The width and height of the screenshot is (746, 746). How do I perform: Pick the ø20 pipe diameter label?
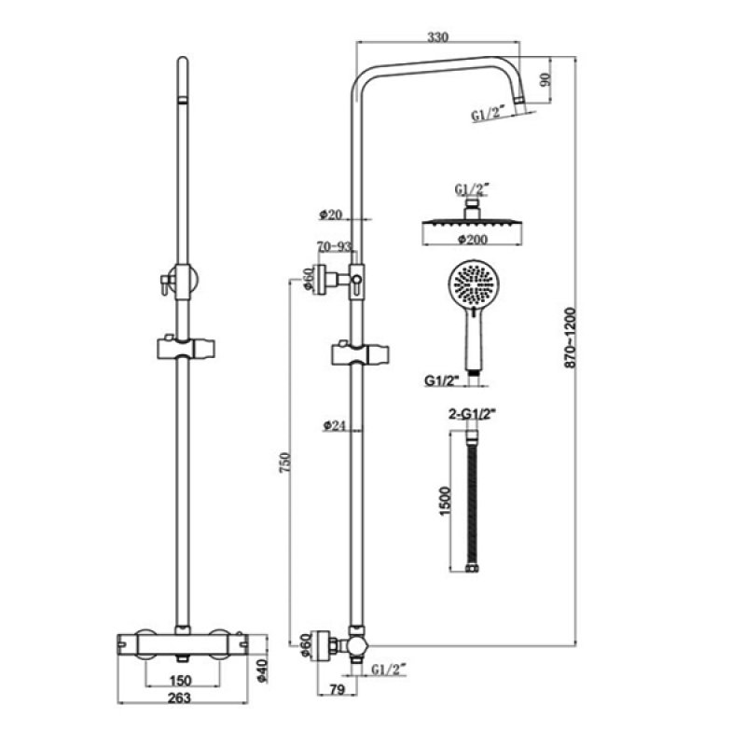pyautogui.click(x=331, y=214)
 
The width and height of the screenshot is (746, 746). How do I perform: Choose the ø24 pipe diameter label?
pyautogui.click(x=335, y=425)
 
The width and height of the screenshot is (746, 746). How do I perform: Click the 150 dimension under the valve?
pyautogui.click(x=182, y=679)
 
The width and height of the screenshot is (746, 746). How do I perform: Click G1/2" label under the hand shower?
pyautogui.click(x=441, y=380)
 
